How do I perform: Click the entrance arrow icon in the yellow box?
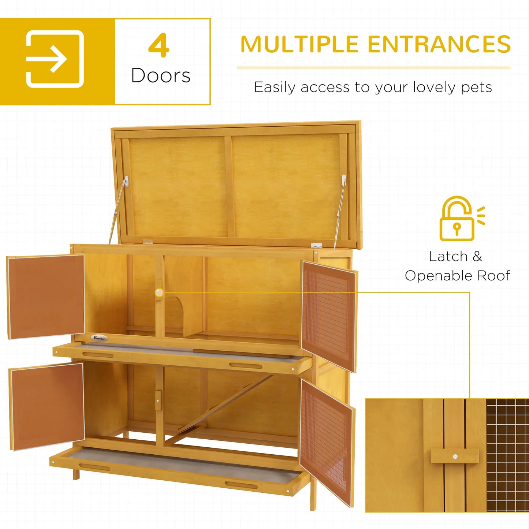tap(55, 59)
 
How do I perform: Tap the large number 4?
tap(159, 46)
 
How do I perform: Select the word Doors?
tap(161, 76)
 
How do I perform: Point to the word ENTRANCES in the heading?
tap(439, 45)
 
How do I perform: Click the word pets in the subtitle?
tap(476, 87)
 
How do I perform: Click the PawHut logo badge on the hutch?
tap(99, 338)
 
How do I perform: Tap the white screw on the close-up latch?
tap(455, 457)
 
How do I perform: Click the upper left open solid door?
tap(46, 296)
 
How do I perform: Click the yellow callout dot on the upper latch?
tap(159, 293)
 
